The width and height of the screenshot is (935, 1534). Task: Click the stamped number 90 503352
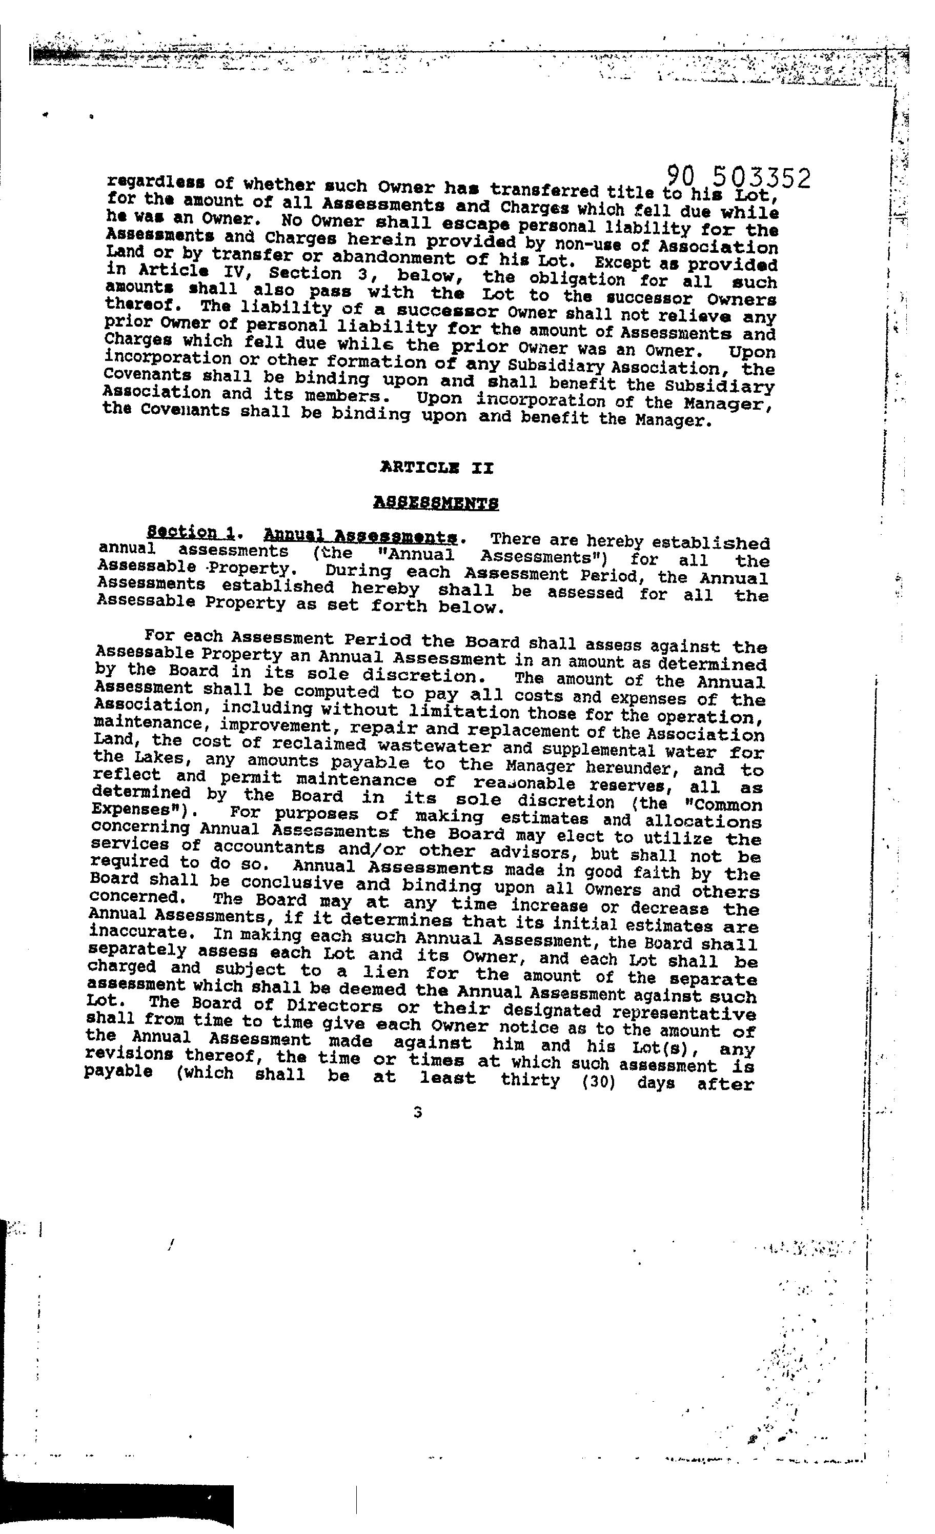tap(738, 177)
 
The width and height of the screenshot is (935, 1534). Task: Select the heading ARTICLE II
tap(436, 468)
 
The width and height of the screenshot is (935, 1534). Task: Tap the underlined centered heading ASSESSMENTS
tap(436, 502)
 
